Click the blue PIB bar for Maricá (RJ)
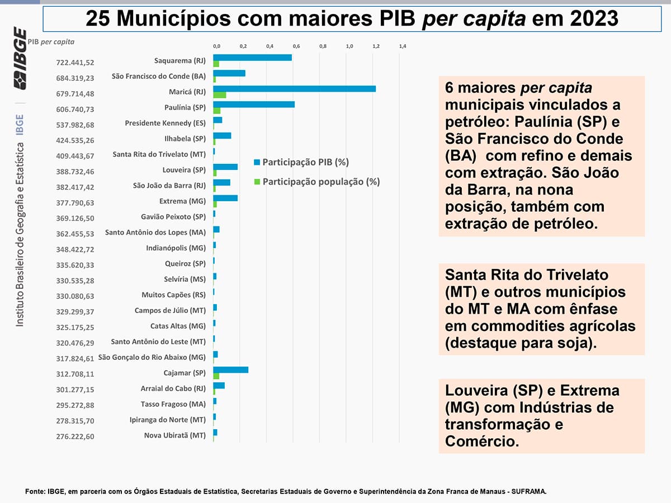(294, 88)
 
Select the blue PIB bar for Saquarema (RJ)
(252, 58)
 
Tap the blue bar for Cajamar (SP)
(230, 369)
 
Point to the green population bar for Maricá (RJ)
(220, 95)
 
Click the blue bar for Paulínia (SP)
(254, 104)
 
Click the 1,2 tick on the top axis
(376, 46)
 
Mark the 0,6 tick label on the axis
(296, 46)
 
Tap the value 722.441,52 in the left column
(75, 63)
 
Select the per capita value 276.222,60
(75, 436)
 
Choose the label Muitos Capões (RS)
(173, 295)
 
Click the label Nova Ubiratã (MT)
(174, 435)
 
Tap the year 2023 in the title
(589, 18)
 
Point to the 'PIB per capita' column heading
(50, 41)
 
